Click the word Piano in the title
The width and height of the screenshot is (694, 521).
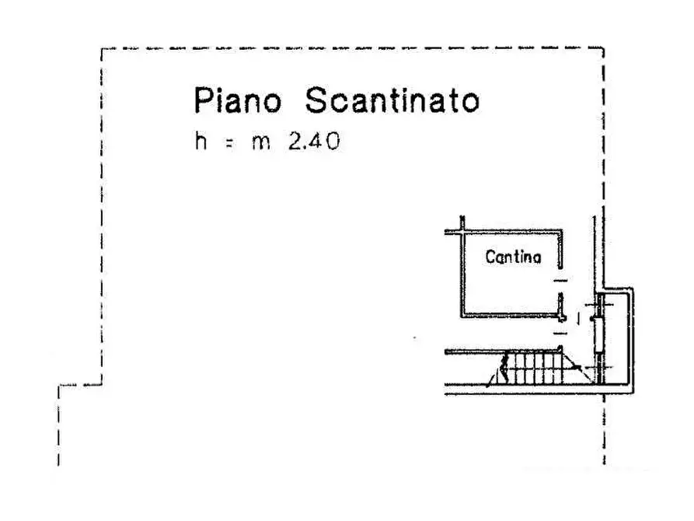pos(238,100)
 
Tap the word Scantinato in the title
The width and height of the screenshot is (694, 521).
pos(392,100)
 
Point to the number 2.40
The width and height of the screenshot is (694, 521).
pos(314,142)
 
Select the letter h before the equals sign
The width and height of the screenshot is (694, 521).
pos(201,141)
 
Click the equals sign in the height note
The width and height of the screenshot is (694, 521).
pos(228,143)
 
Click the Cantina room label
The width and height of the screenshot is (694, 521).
pos(513,257)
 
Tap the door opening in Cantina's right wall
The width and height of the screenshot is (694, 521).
pos(561,281)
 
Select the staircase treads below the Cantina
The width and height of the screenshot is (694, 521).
pos(533,368)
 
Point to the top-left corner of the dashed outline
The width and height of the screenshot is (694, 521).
pos(102,49)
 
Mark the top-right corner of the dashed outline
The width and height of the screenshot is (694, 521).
pos(604,48)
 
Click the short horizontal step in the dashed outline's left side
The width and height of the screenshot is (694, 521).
pos(80,385)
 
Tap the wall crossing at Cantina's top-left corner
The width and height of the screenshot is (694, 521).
pos(462,231)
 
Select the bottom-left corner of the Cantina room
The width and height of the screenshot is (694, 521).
pos(462,316)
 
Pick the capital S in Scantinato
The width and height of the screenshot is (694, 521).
pos(316,100)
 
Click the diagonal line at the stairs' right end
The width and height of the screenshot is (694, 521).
pos(579,367)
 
